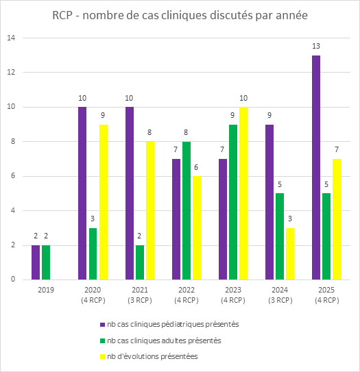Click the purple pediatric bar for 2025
tap(316, 167)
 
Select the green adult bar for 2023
tap(234, 201)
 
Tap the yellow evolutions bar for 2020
tap(104, 201)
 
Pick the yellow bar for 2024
tap(291, 253)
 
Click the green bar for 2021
tap(141, 262)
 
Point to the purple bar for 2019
tap(36, 262)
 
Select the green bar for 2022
tap(187, 210)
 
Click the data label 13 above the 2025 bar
tap(316, 46)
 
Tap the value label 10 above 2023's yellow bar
tap(244, 98)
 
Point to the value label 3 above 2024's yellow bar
tap(291, 219)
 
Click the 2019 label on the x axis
tap(45, 290)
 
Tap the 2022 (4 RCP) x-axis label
tap(187, 295)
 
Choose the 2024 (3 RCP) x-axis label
tap(280, 295)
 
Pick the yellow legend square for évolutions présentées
tap(103, 356)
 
